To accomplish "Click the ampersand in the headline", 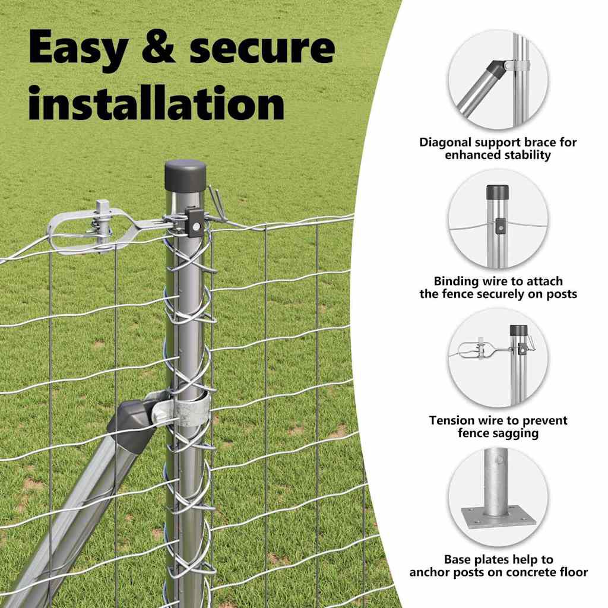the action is point(158,47).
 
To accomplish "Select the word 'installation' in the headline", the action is point(157,102).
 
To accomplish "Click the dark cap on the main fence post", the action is point(185,175).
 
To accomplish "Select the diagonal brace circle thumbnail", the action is point(498,80).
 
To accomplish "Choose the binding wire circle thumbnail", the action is point(498,218).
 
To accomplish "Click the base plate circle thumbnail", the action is point(498,497).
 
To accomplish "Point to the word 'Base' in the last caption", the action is point(457,559).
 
